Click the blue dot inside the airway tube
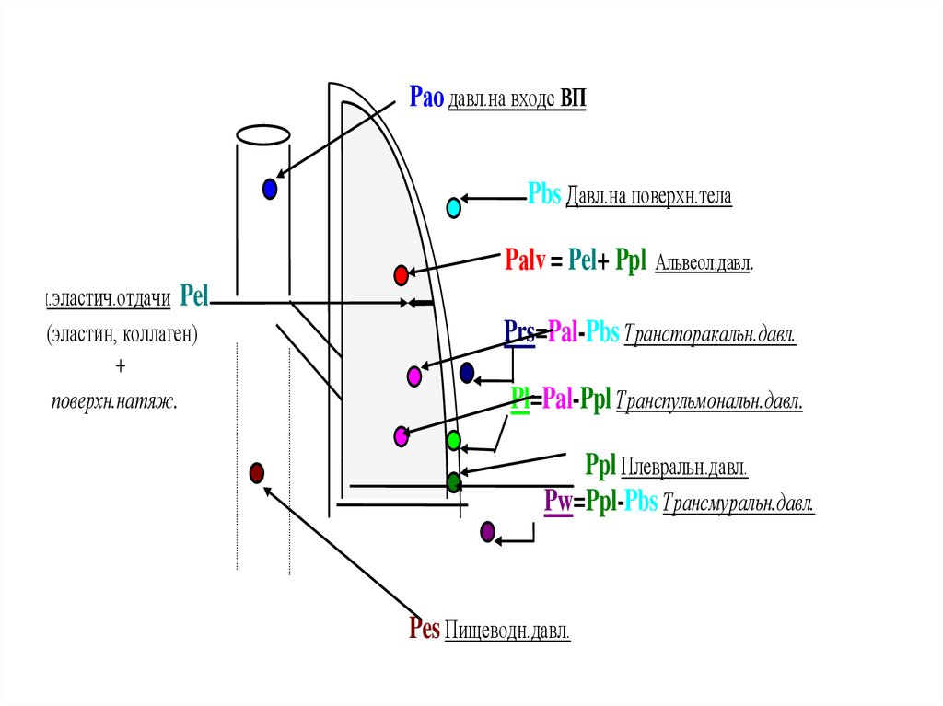(x=270, y=189)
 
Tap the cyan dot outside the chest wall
(x=453, y=208)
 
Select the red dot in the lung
(x=401, y=274)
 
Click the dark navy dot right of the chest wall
(x=467, y=373)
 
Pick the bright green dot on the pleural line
(x=453, y=440)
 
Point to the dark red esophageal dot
(x=257, y=473)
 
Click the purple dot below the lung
(x=488, y=531)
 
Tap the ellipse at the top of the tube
(x=263, y=135)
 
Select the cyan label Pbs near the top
(x=544, y=195)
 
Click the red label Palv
(x=526, y=260)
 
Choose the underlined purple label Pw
(x=557, y=503)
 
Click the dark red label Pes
(x=425, y=630)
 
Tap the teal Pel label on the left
(x=195, y=295)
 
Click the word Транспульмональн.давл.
(x=709, y=402)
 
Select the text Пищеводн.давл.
(x=507, y=631)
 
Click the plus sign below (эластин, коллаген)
(x=120, y=366)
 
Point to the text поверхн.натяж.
(x=114, y=401)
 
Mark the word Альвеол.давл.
(x=704, y=264)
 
